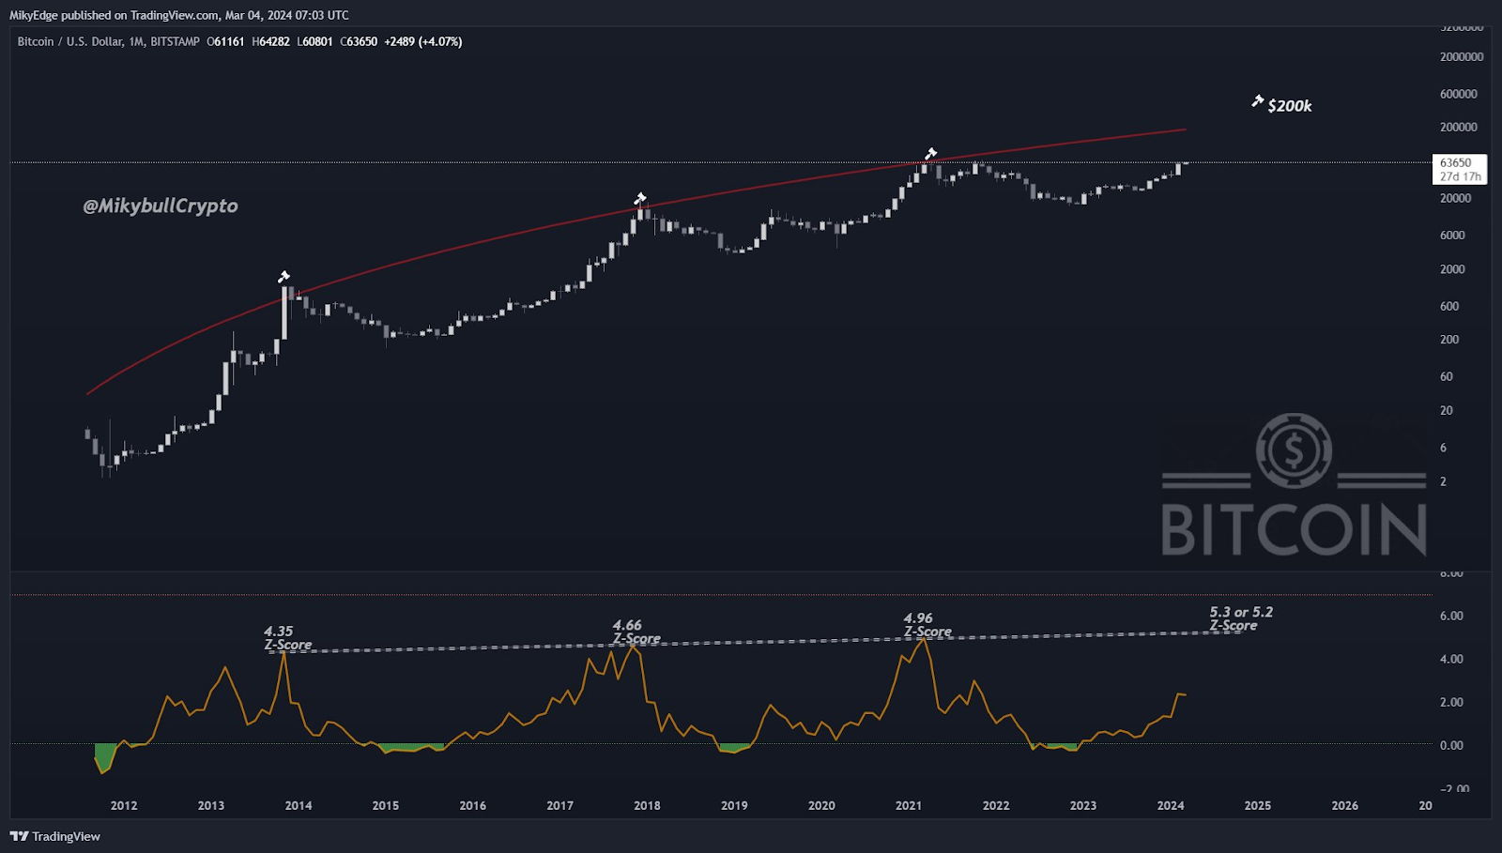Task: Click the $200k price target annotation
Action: [1289, 106]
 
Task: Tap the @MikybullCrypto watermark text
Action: [161, 206]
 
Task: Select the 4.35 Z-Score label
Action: [287, 638]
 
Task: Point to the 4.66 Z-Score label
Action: [636, 632]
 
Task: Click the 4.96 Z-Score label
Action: [927, 625]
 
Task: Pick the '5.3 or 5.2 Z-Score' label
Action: [1240, 618]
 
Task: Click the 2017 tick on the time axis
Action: [559, 805]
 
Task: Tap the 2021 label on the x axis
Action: [908, 805]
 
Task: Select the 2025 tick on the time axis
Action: [1257, 805]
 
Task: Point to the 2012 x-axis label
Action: [124, 805]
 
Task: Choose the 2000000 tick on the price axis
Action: [1462, 57]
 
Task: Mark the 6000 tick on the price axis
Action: [1452, 236]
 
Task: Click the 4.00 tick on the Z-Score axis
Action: [1451, 659]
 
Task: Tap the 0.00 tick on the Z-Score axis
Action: [1451, 745]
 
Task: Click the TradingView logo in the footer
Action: [55, 836]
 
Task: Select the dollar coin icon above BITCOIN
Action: [1294, 450]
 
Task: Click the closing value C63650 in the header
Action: [359, 41]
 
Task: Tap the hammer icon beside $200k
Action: [1257, 101]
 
